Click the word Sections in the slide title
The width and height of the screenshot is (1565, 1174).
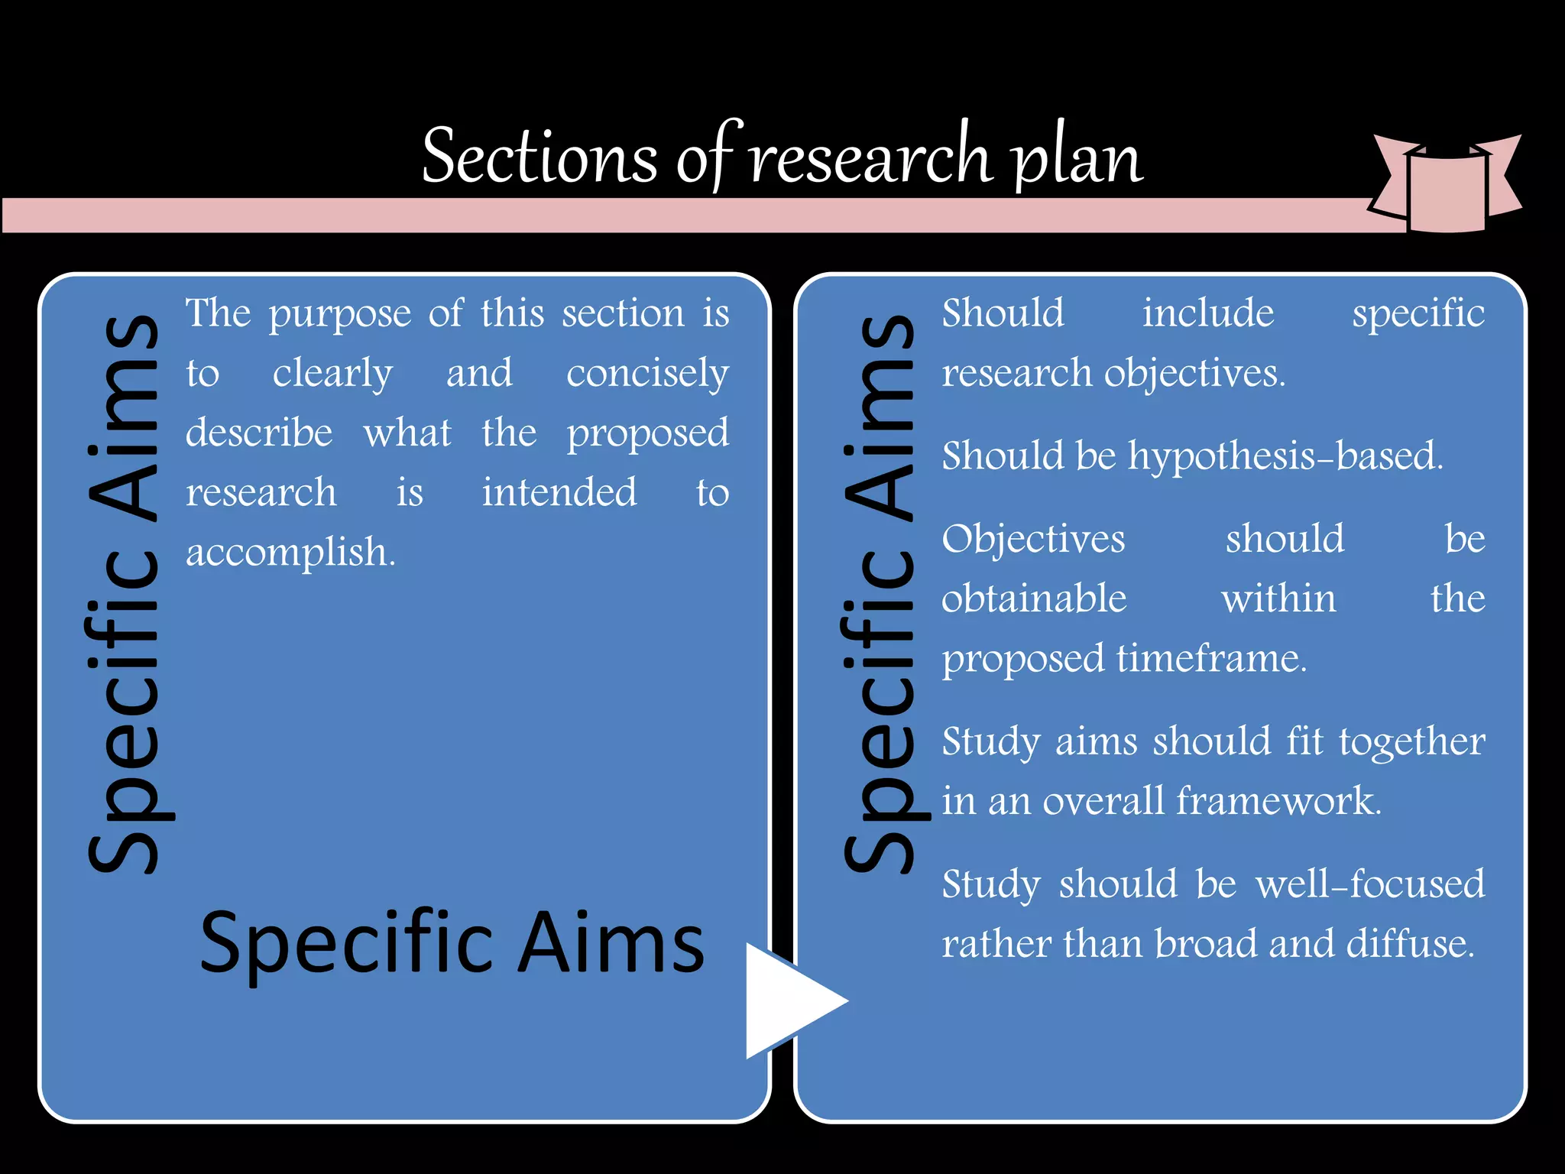[x=539, y=157]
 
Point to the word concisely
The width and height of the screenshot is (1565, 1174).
[x=647, y=375]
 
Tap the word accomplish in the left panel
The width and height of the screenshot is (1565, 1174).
[x=290, y=553]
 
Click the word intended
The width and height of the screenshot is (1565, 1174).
[x=559, y=493]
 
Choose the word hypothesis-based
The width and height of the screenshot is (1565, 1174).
[x=1285, y=456]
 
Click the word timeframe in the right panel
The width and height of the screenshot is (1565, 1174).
[x=1211, y=659]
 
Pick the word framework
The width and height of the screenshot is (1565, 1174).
[x=1278, y=801]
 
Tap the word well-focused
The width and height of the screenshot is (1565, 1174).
[x=1370, y=884]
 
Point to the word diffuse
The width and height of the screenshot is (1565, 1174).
[x=1410, y=944]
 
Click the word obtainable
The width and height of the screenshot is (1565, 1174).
[x=1034, y=598]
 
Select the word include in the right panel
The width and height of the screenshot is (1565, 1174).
[x=1208, y=313]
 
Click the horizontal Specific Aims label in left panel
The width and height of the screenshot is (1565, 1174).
[x=452, y=944]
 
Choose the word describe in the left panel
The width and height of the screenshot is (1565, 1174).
[x=259, y=433]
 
